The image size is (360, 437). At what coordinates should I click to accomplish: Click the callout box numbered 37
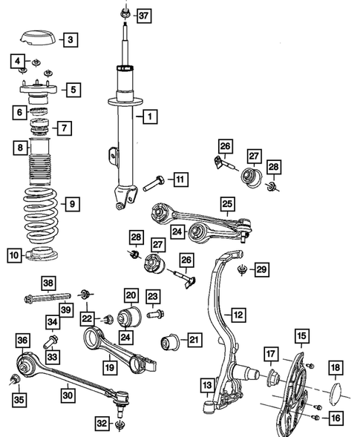[143, 16]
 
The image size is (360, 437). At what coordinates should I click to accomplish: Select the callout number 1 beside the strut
[150, 116]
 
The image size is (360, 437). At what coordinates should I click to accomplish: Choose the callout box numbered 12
[237, 315]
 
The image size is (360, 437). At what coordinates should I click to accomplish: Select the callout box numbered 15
[301, 338]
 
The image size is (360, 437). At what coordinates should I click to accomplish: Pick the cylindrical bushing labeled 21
[170, 342]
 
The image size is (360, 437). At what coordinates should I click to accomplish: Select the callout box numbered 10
[15, 257]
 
